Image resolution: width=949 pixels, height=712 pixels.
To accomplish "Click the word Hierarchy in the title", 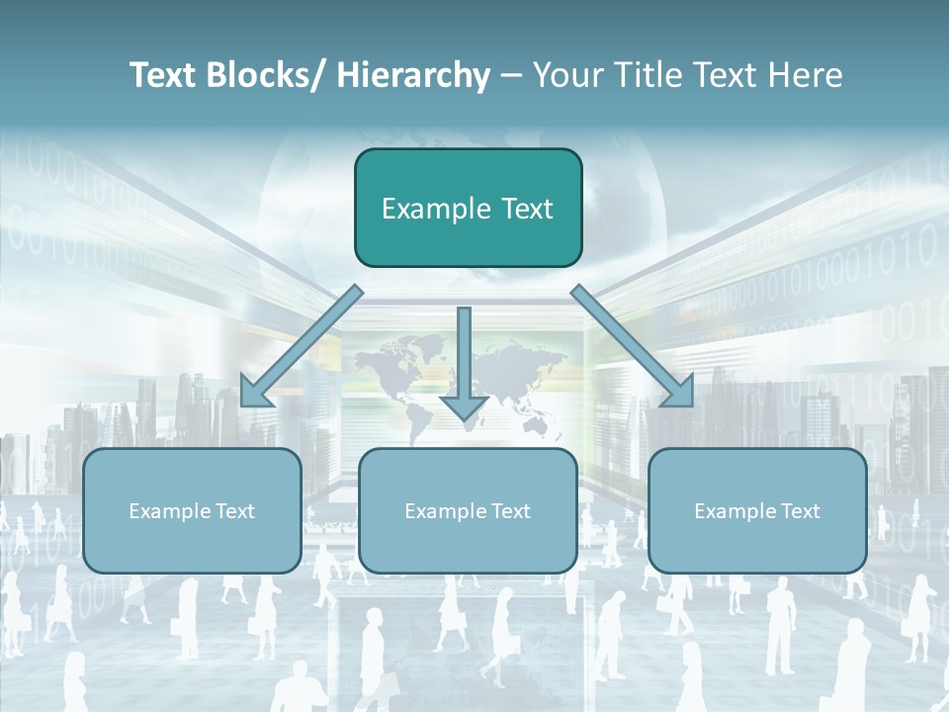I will [413, 75].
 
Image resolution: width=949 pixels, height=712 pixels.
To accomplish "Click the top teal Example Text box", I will [468, 209].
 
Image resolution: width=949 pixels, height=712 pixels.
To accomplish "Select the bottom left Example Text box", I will [192, 511].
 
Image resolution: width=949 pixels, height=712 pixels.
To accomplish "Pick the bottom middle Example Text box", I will [468, 511].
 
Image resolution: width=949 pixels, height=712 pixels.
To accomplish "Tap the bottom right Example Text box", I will [757, 511].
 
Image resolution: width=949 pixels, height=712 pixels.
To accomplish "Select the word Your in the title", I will [563, 75].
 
